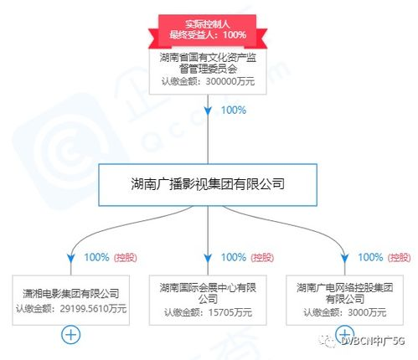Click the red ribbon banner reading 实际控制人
pos(208,31)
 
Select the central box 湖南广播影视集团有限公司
pos(208,185)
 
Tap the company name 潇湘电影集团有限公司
pos(71,294)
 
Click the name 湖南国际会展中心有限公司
pos(208,293)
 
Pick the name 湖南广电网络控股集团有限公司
pos(345,293)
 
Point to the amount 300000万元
pos(230,81)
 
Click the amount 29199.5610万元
pos(93,309)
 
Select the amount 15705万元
pos(230,312)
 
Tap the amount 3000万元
pos(367,312)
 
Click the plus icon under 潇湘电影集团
pos(71,334)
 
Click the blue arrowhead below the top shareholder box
pos(208,111)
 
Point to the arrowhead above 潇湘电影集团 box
pos(71,259)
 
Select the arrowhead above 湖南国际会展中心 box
pos(208,259)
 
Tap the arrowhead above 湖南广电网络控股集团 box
pos(345,259)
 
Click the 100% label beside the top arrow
pos(234,111)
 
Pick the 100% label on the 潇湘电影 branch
pos(96,257)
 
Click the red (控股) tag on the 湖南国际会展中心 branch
pos(262,258)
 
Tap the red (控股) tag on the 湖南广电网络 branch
pos(400,258)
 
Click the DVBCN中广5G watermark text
pos(373,341)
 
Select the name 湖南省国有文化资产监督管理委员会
pos(208,63)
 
